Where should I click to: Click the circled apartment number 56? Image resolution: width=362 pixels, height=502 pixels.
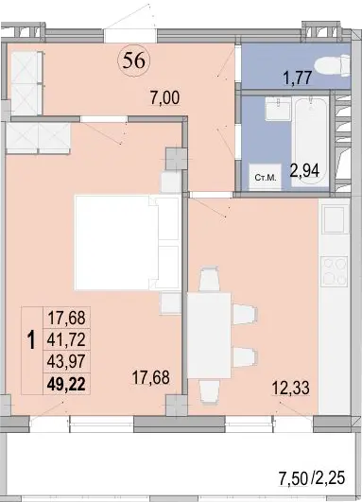[134, 61]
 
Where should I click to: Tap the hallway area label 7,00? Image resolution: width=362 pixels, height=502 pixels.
[165, 97]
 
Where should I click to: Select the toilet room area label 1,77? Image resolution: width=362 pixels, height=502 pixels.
[298, 78]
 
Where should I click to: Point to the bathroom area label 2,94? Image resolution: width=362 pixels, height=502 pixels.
[304, 170]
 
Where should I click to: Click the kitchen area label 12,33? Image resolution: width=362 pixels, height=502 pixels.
[290, 389]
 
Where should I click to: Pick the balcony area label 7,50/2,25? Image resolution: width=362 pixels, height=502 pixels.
[312, 478]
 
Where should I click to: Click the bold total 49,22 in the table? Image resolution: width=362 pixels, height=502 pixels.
[66, 384]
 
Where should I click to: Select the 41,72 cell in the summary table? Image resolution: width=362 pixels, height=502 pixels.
[66, 339]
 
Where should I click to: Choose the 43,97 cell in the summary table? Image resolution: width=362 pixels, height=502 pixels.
[66, 362]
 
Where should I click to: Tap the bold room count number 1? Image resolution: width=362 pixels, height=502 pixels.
[31, 340]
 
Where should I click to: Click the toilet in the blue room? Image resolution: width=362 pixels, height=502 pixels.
[333, 65]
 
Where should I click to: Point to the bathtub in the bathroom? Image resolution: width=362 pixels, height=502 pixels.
[310, 141]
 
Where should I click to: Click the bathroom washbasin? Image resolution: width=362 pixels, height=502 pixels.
[278, 109]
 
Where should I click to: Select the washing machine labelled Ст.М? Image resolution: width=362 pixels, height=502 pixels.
[266, 177]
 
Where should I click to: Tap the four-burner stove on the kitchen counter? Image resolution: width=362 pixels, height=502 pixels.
[335, 271]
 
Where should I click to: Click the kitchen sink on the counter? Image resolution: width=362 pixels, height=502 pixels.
[336, 219]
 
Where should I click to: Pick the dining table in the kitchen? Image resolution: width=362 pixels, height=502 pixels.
[209, 336]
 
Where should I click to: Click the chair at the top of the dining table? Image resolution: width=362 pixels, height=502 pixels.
[209, 279]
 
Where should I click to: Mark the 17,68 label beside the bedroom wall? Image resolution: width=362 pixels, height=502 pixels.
[150, 377]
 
